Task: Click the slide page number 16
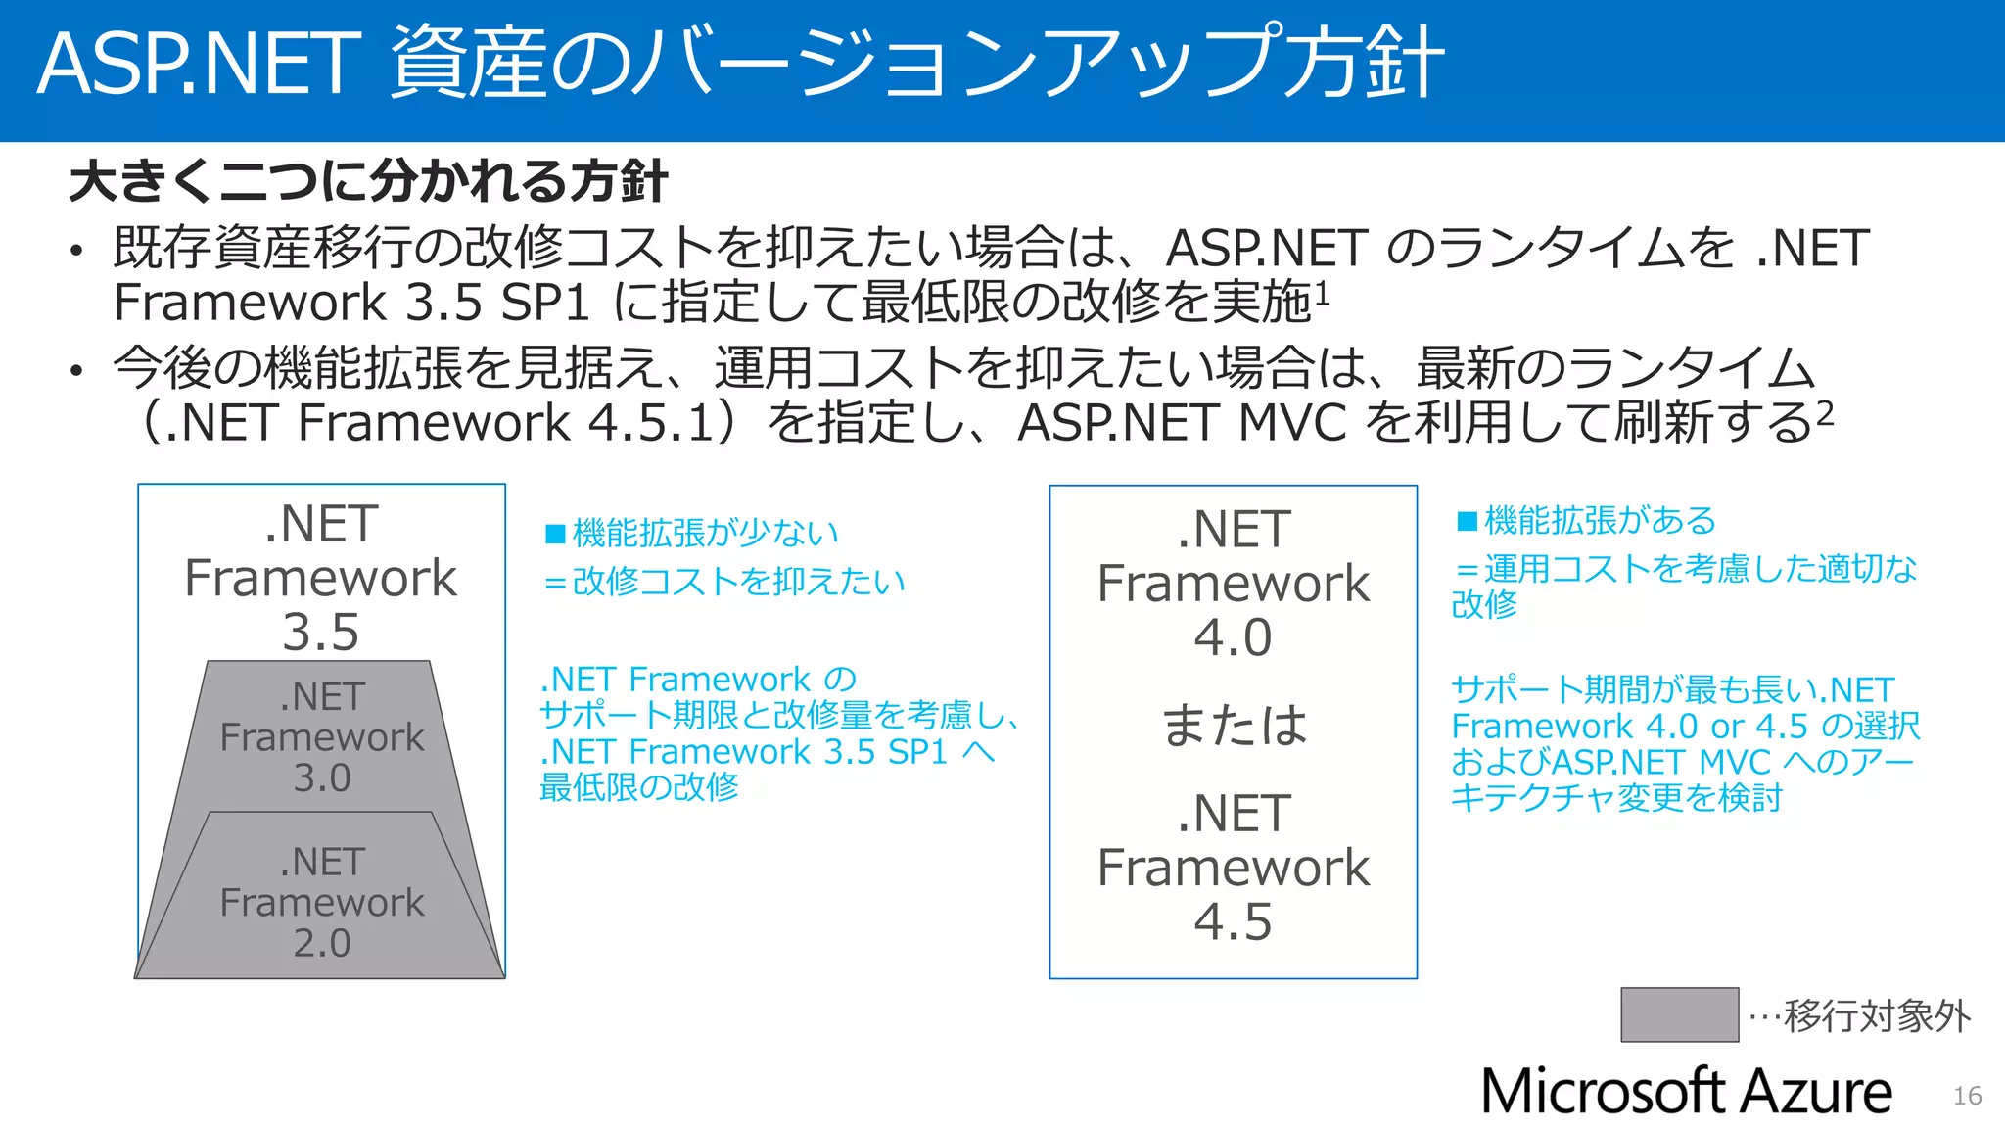click(x=1967, y=1096)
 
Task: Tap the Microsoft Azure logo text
click(x=1686, y=1092)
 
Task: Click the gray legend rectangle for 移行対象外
click(x=1679, y=1014)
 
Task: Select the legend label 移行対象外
click(x=1877, y=1016)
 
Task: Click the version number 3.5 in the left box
click(x=321, y=632)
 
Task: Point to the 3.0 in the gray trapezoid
click(x=322, y=777)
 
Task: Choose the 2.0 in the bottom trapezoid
click(x=322, y=942)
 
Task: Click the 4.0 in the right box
click(x=1233, y=637)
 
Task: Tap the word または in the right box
click(x=1234, y=726)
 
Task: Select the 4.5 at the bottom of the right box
click(x=1233, y=921)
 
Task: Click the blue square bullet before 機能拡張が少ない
click(x=555, y=534)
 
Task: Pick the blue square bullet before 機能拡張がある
click(x=1467, y=521)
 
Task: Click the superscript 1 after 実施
click(x=1322, y=292)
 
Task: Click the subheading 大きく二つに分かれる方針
click(x=368, y=182)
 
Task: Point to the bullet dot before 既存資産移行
click(x=76, y=251)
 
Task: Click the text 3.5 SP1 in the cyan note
click(x=886, y=752)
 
